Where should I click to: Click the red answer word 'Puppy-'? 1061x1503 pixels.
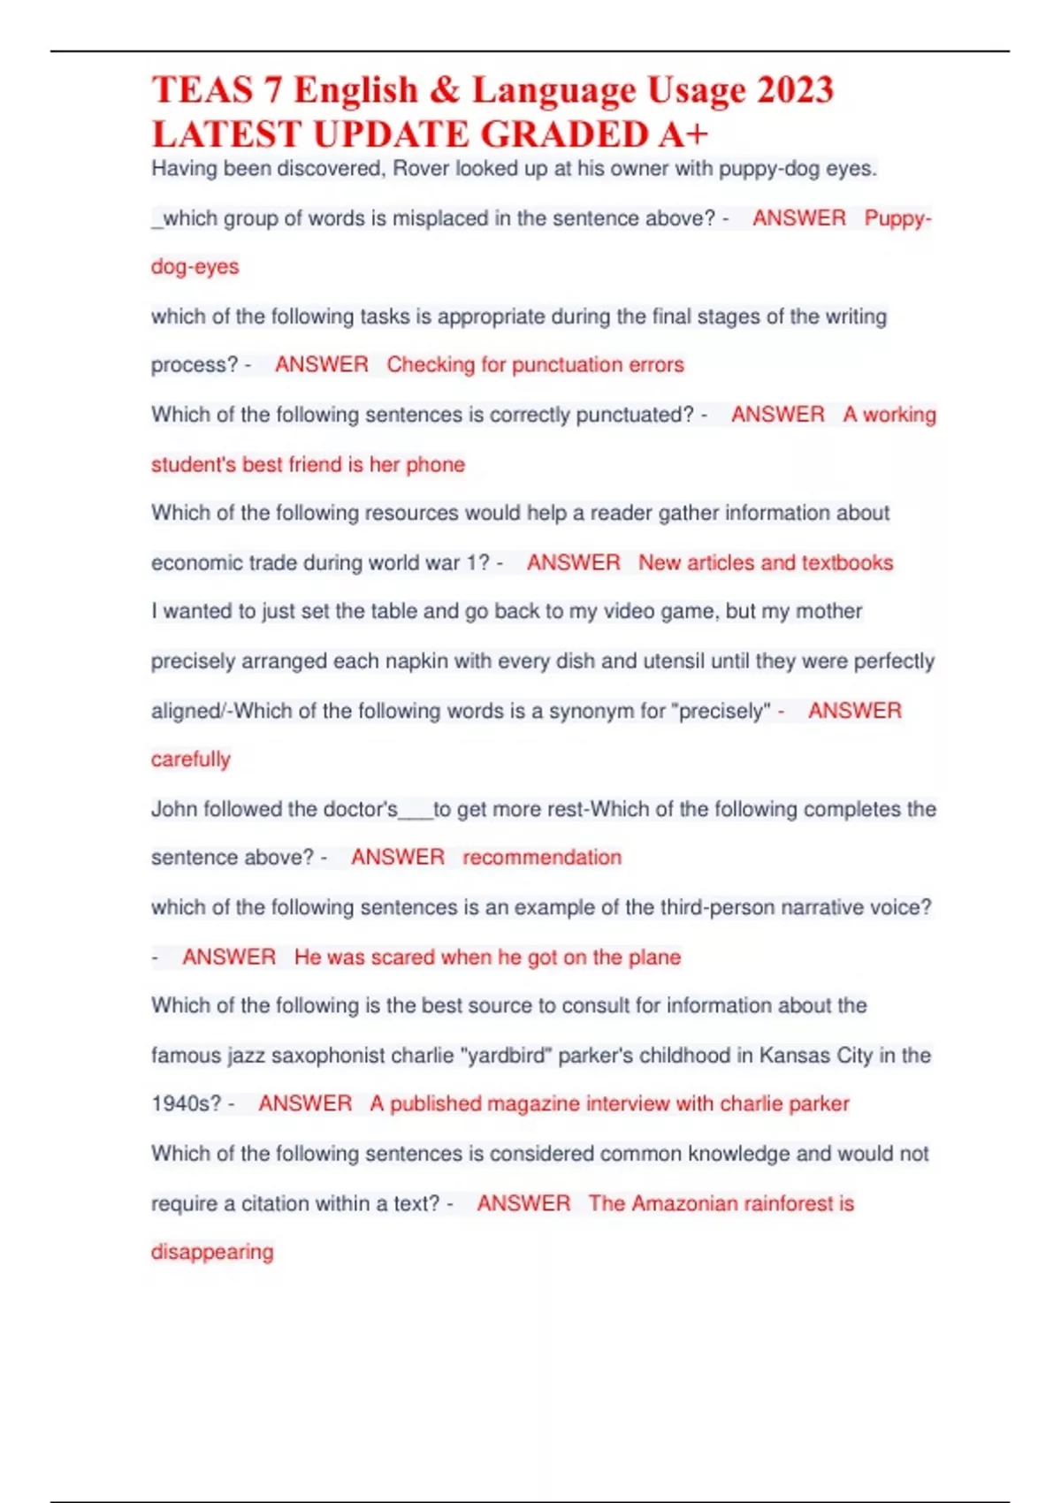click(x=897, y=218)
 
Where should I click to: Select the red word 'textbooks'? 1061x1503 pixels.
click(x=848, y=563)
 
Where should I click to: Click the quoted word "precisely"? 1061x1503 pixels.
click(x=721, y=712)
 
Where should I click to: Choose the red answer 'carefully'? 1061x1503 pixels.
click(x=191, y=759)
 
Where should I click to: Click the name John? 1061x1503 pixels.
click(x=174, y=810)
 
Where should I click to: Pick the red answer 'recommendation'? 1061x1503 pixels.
click(x=542, y=858)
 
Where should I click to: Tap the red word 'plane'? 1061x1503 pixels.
click(x=654, y=957)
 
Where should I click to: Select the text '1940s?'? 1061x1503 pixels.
click(x=185, y=1104)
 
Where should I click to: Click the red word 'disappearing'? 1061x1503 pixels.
click(x=212, y=1253)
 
